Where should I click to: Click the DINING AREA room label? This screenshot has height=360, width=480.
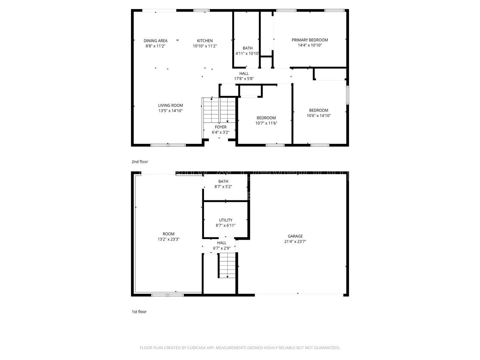(x=155, y=41)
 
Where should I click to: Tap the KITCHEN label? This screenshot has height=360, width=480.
(x=205, y=41)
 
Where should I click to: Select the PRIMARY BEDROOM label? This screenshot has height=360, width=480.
(x=310, y=40)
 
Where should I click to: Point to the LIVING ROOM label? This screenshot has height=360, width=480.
(x=170, y=105)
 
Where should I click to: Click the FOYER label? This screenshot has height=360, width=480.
(x=220, y=127)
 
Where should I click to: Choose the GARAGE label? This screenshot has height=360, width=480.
(x=295, y=236)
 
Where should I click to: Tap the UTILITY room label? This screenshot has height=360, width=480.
(x=225, y=220)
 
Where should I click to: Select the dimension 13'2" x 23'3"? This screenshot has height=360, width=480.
(x=168, y=239)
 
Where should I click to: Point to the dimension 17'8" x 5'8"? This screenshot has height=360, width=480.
(x=244, y=79)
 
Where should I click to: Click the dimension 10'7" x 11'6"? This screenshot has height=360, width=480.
(x=266, y=123)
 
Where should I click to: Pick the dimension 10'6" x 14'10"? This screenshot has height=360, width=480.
(x=318, y=116)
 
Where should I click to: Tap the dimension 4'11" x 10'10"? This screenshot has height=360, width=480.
(x=247, y=53)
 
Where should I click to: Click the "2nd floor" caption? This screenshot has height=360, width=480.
(x=140, y=162)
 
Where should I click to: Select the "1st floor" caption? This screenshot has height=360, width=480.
(x=139, y=312)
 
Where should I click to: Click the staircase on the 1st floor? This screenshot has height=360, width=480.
(x=227, y=265)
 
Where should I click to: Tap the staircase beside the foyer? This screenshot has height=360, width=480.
(x=219, y=110)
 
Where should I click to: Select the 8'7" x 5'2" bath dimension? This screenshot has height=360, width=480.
(x=223, y=187)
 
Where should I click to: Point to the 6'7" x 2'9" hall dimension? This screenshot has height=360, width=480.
(x=222, y=248)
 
